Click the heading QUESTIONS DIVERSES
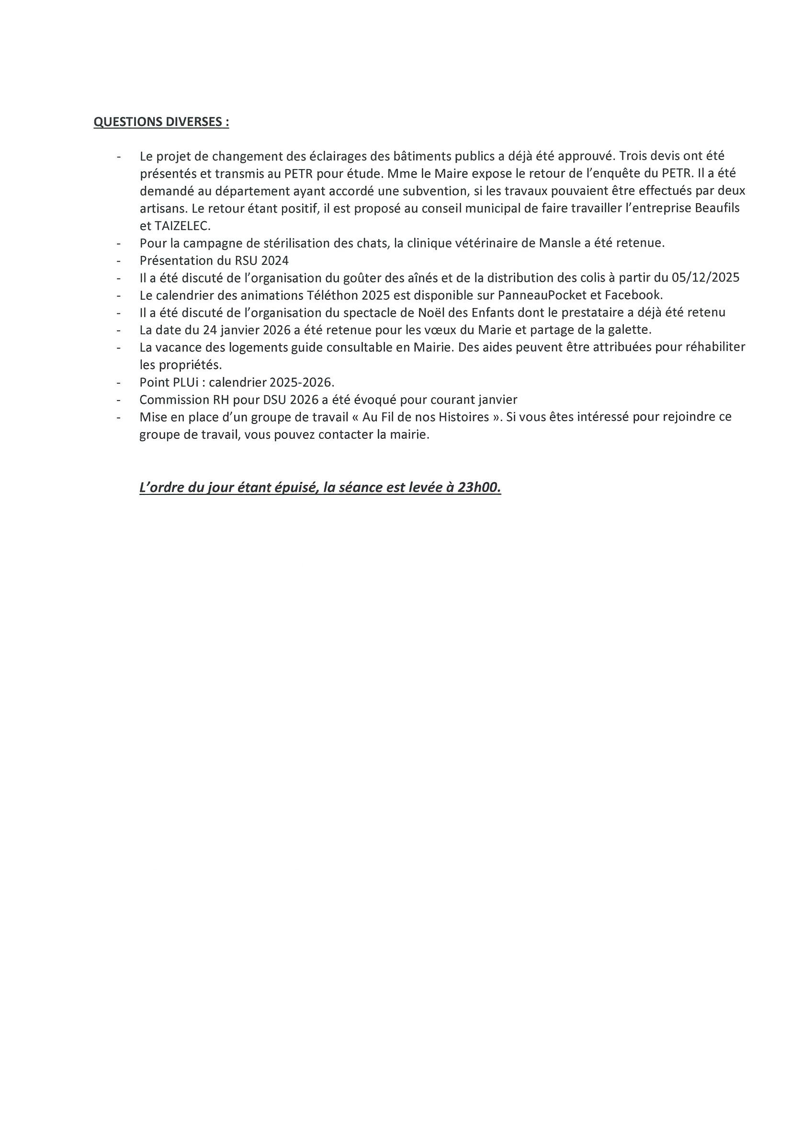(160, 122)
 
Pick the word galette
(629, 330)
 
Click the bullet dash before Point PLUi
(119, 382)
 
